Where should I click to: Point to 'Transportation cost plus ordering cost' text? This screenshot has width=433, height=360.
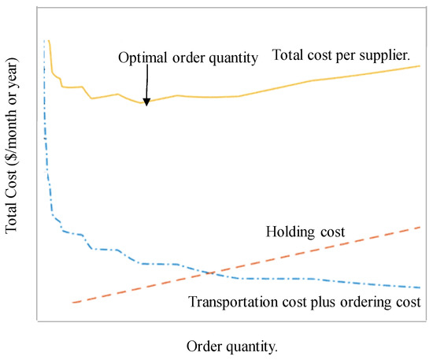click(305, 302)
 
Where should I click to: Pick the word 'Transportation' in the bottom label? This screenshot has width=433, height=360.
click(229, 302)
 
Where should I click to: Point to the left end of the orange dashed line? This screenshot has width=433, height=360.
click(72, 302)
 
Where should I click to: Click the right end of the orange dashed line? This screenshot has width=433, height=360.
click(420, 227)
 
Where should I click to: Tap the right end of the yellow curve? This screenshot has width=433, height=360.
click(420, 65)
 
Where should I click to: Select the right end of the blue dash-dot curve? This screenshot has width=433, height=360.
click(420, 288)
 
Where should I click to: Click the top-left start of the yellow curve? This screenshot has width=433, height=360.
click(49, 41)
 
